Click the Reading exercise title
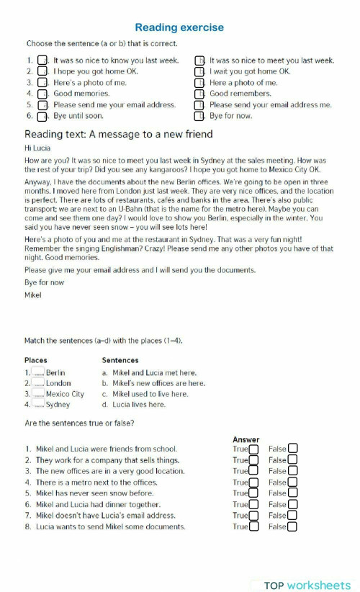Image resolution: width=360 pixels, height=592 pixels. pos(179,27)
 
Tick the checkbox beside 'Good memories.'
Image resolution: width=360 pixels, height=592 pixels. pos(42,94)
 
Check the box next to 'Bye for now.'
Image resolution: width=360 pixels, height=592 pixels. pos(199,115)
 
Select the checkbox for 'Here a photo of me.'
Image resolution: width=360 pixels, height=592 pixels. pos(199,83)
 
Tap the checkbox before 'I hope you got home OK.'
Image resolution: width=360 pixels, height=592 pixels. pos(42,72)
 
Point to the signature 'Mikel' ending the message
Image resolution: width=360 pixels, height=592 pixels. pos(33,295)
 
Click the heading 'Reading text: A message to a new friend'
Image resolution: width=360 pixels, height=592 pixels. pos(119,134)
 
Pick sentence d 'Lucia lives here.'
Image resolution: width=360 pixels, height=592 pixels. pos(133,404)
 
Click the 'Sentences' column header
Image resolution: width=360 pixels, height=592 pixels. pos(120,360)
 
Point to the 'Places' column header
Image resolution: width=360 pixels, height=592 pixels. pos(36,360)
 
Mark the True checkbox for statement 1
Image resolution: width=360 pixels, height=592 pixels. pos(253,449)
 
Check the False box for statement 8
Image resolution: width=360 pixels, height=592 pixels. pos(292,526)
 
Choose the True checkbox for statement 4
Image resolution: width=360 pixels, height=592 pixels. pos(253,483)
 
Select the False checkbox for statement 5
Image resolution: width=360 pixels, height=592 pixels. pos(292,493)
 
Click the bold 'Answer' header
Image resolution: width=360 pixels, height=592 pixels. pos(246,439)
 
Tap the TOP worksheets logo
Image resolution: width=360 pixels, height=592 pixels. pos(306,585)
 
